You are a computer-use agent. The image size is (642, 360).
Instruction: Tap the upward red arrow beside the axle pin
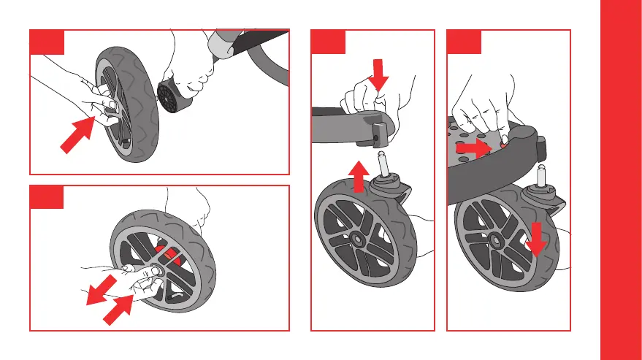(358, 177)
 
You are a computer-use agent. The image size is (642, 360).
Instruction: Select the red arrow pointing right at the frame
(472, 149)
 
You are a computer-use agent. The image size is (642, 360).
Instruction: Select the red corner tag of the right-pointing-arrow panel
(464, 42)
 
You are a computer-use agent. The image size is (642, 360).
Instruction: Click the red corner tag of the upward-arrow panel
(328, 42)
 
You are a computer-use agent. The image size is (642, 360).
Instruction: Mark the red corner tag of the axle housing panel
(46, 42)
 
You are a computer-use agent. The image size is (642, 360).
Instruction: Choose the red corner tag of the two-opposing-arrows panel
(46, 197)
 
